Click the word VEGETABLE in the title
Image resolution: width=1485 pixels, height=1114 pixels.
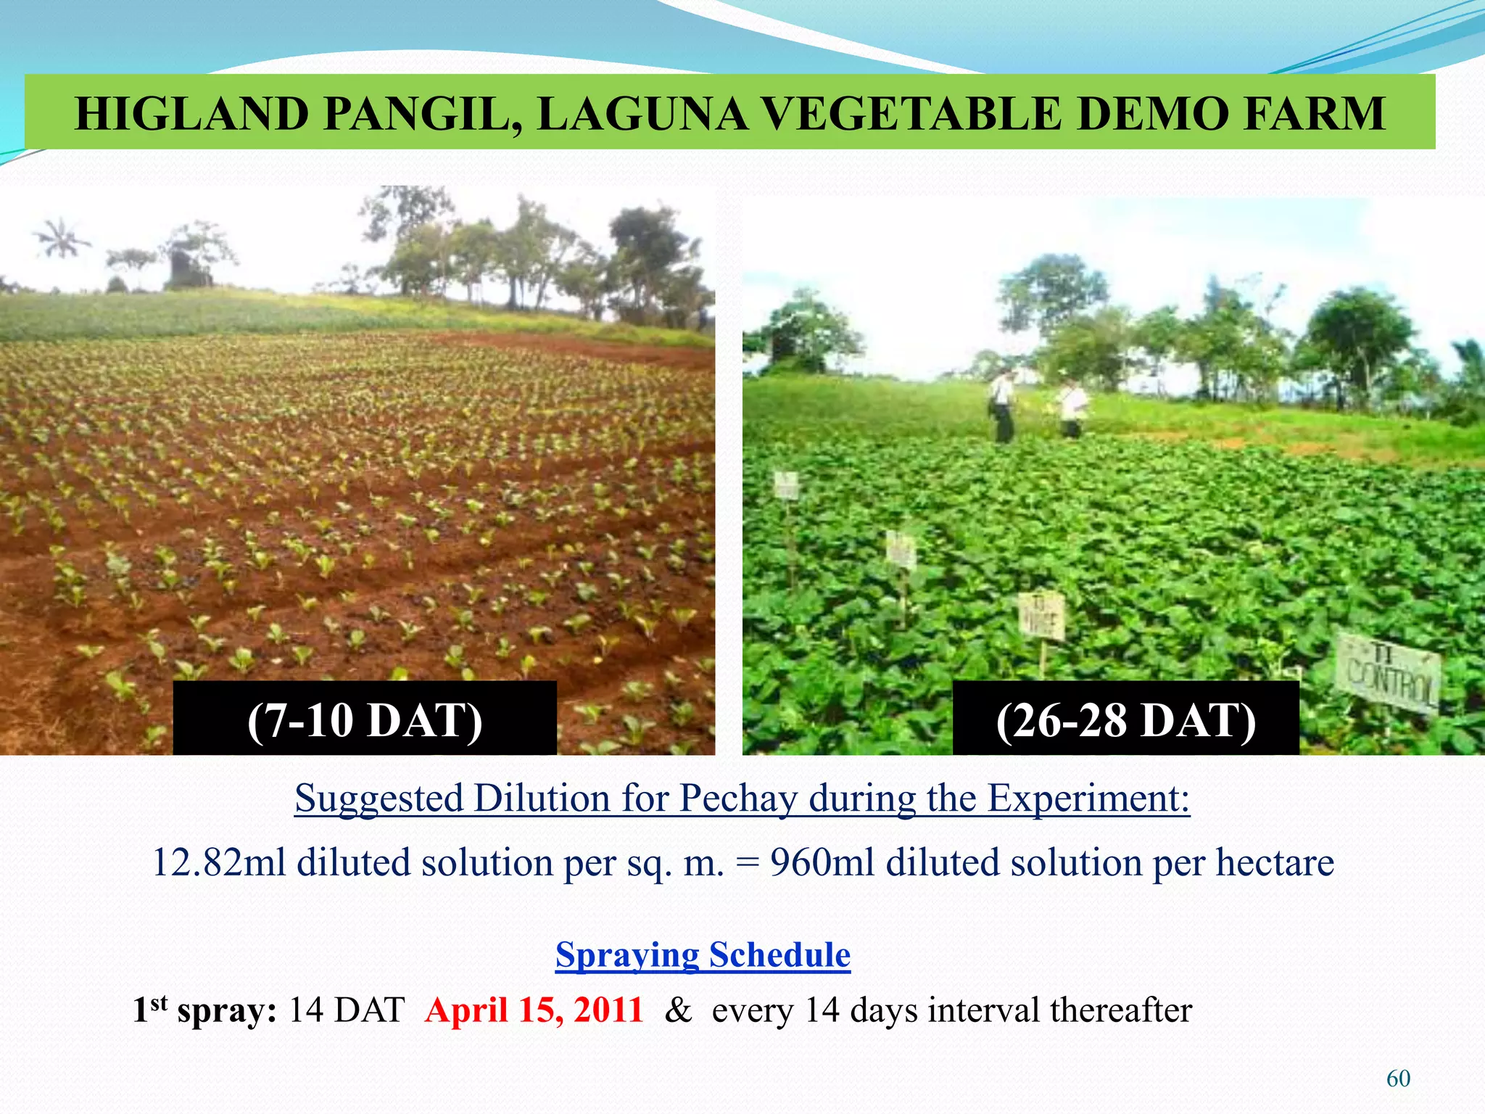click(912, 114)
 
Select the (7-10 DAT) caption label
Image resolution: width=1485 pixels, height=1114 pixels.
click(365, 719)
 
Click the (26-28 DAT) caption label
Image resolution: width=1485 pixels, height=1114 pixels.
click(1125, 720)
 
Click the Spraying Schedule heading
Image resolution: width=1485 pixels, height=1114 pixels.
click(703, 954)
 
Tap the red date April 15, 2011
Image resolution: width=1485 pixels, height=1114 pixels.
click(534, 1010)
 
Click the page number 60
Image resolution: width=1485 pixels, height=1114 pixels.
click(1398, 1078)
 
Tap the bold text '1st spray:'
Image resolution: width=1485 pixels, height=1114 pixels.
click(204, 1010)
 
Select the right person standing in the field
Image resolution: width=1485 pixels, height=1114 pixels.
click(1070, 408)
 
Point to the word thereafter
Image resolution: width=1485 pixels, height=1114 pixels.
click(1120, 1010)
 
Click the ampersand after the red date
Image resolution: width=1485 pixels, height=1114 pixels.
click(678, 1010)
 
